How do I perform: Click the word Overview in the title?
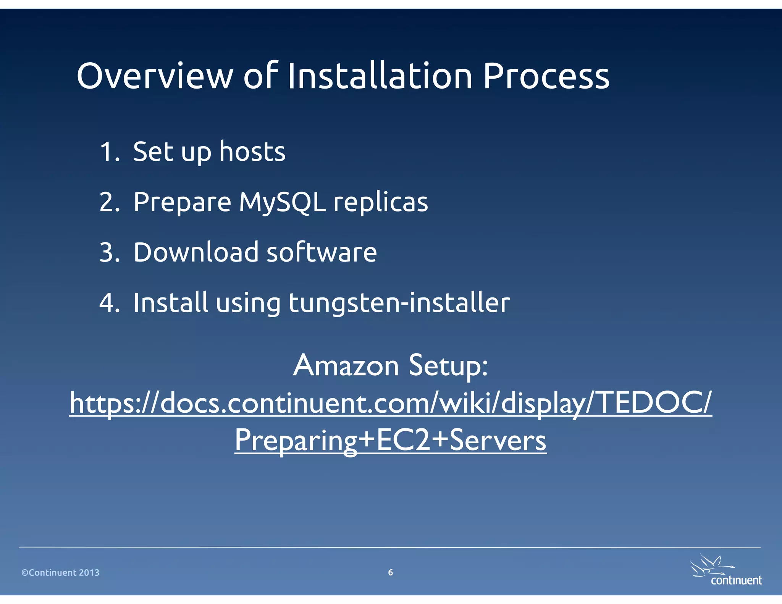coord(155,76)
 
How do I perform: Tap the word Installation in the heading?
coord(380,76)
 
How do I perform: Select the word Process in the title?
coord(546,76)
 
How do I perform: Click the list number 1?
coord(109,152)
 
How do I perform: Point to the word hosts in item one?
coord(252,152)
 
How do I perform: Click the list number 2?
coord(109,202)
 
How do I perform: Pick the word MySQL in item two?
coord(283,202)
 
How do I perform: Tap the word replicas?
coord(381,202)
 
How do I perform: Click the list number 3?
coord(109,252)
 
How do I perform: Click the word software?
coord(322,252)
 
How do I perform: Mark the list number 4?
coord(109,303)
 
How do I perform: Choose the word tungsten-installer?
coord(399,303)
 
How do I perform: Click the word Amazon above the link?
coord(346,365)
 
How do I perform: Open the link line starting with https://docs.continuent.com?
coord(391,403)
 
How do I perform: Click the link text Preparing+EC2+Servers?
coord(391,440)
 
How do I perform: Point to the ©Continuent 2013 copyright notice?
coord(60,573)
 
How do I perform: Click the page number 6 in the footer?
coord(390,572)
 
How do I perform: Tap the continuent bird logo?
coord(725,571)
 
